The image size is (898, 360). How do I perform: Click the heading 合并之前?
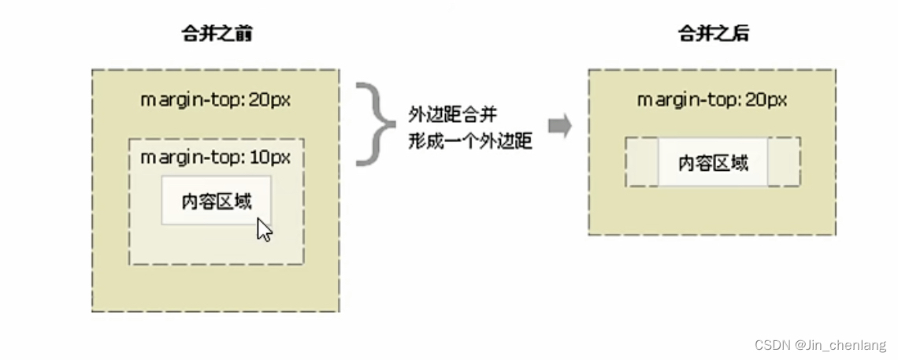(x=216, y=34)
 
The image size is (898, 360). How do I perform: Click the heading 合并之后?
(x=712, y=34)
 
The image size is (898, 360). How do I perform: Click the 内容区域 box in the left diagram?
(x=217, y=200)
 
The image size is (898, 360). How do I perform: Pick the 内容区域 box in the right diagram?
(x=713, y=162)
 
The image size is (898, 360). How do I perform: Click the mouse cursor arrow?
(x=264, y=230)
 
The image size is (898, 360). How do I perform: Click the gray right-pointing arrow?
(x=559, y=126)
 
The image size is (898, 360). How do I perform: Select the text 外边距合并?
(x=452, y=115)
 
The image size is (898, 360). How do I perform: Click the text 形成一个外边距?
(x=470, y=141)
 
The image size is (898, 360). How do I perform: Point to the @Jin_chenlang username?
(x=840, y=345)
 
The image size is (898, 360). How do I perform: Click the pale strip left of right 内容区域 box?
(x=642, y=162)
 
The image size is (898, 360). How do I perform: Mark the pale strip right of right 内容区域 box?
(x=784, y=162)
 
